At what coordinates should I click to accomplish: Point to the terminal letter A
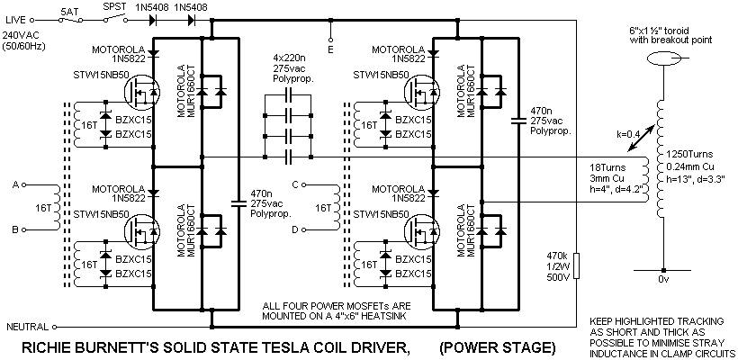coord(15,184)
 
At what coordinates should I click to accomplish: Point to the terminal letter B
coord(15,229)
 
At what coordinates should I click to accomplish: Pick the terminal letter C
coord(307,184)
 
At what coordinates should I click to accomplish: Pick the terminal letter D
coord(307,230)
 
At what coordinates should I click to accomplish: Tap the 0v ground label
coord(665,280)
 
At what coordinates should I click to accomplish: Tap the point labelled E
coord(332,49)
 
